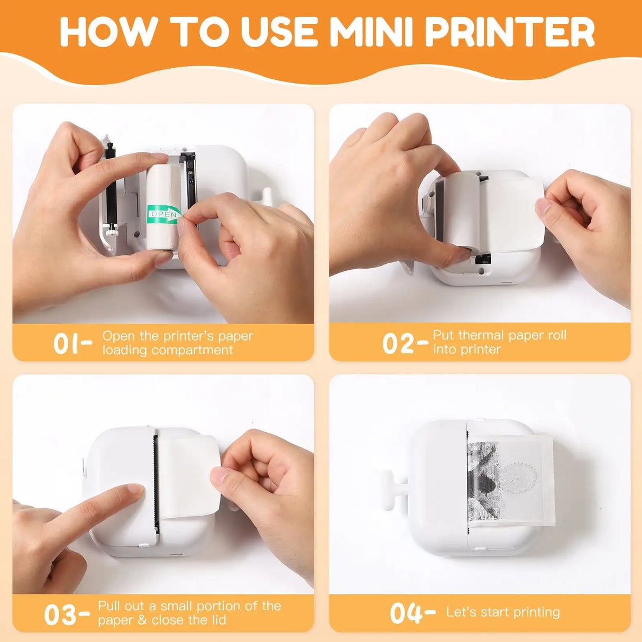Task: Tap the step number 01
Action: pyautogui.click(x=66, y=344)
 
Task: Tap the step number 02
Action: pyautogui.click(x=398, y=344)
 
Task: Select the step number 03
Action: pyautogui.click(x=61, y=615)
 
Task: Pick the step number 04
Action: pyautogui.click(x=406, y=613)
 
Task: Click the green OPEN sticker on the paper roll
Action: pyautogui.click(x=163, y=214)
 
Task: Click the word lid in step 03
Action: pyautogui.click(x=218, y=620)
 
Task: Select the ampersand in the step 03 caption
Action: pyautogui.click(x=142, y=620)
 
